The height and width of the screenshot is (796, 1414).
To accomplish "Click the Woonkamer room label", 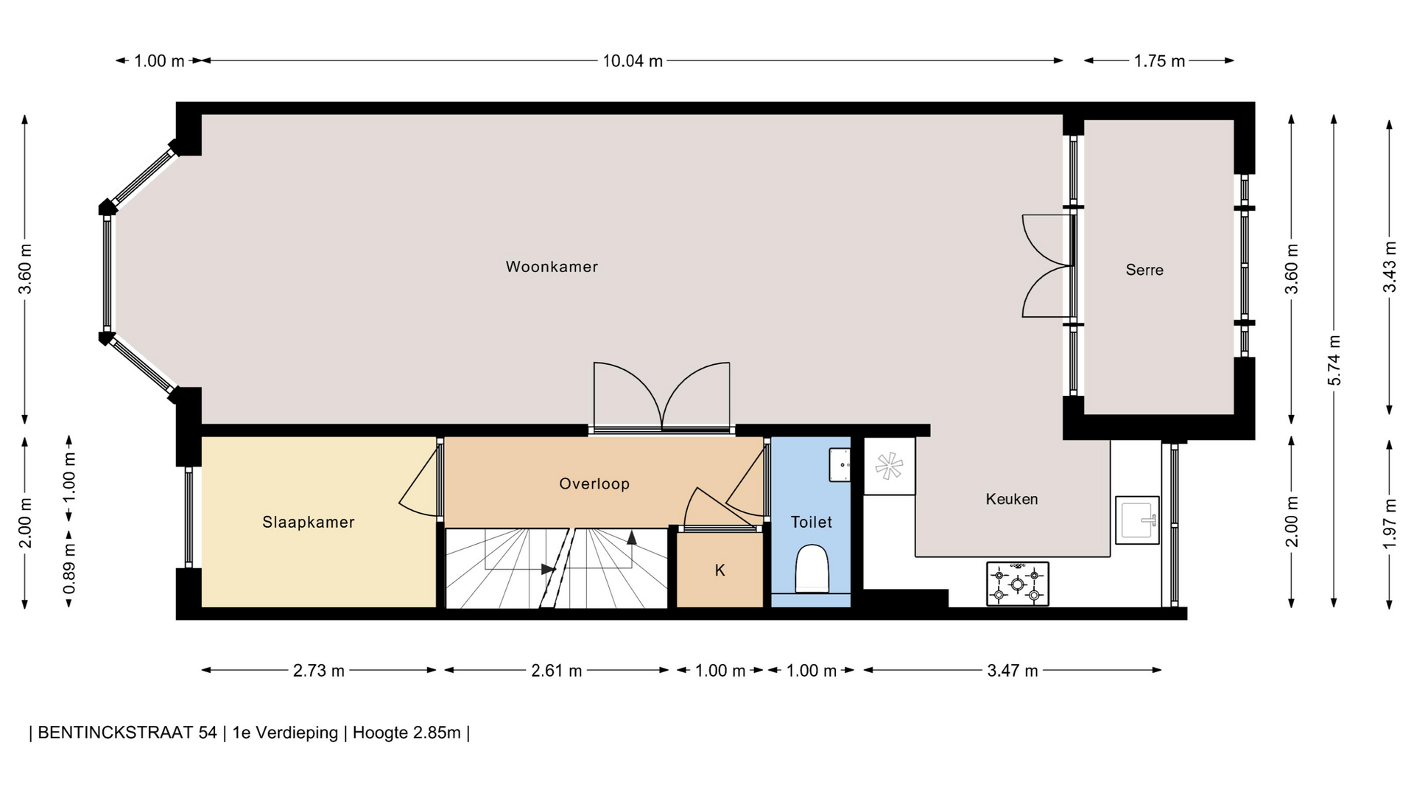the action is [x=552, y=267].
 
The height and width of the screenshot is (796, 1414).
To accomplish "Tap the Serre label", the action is [x=1144, y=270].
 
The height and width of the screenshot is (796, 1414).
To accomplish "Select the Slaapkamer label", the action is [x=309, y=522].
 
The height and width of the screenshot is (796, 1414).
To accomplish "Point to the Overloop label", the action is [x=594, y=483].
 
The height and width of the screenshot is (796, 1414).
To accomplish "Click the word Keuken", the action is [x=1012, y=499].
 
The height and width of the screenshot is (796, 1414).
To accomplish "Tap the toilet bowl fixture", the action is [x=812, y=568].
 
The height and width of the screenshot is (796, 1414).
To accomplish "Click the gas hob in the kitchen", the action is [x=1017, y=584].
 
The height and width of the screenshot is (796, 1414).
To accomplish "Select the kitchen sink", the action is [x=1137, y=520].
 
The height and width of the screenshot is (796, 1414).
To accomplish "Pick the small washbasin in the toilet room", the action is [x=840, y=465].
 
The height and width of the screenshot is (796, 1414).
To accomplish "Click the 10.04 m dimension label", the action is [x=633, y=61].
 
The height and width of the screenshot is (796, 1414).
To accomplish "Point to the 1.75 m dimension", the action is [x=1159, y=61].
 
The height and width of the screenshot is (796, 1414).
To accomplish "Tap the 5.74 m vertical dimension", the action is [x=1334, y=360].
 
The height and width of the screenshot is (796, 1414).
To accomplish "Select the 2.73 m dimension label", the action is [x=319, y=671].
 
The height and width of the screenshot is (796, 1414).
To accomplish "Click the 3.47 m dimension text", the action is [x=1013, y=671].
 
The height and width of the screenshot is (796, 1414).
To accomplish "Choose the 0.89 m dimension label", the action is [x=69, y=569].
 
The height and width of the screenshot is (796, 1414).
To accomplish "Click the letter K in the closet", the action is [x=720, y=570].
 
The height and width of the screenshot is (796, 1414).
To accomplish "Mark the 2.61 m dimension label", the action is [x=557, y=671].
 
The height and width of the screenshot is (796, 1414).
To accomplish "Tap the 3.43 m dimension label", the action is [x=1390, y=267].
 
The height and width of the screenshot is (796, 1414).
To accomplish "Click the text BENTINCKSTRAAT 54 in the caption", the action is [x=127, y=733].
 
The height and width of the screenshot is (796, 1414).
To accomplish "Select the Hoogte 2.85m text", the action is [x=407, y=733].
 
